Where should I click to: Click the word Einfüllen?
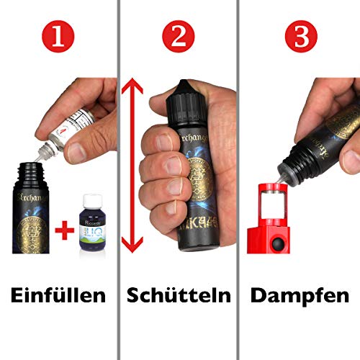(59, 295)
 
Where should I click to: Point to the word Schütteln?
(179, 295)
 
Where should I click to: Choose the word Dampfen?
(299, 295)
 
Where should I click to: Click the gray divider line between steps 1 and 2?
(119, 180)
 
